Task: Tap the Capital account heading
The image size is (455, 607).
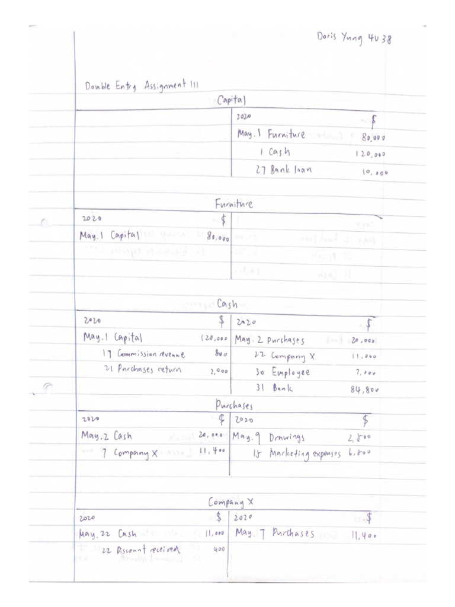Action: [x=231, y=101]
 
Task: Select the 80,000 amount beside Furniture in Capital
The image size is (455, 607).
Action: [x=374, y=137]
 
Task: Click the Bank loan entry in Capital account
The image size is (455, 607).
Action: [x=290, y=170]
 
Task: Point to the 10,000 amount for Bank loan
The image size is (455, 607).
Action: [x=375, y=172]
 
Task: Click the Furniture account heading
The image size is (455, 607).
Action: [x=233, y=204]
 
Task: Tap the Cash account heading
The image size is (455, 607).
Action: [x=227, y=304]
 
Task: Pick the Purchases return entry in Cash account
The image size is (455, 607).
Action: [x=149, y=369]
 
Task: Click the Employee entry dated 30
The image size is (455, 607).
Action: [x=290, y=373]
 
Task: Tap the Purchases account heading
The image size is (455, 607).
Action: [x=233, y=405]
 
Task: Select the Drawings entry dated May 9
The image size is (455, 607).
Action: [x=287, y=437]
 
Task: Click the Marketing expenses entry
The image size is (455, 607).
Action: [x=305, y=453]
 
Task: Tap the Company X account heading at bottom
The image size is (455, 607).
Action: [x=230, y=502]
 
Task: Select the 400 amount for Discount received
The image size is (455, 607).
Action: [x=219, y=550]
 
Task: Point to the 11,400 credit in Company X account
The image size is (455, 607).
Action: [x=363, y=535]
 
